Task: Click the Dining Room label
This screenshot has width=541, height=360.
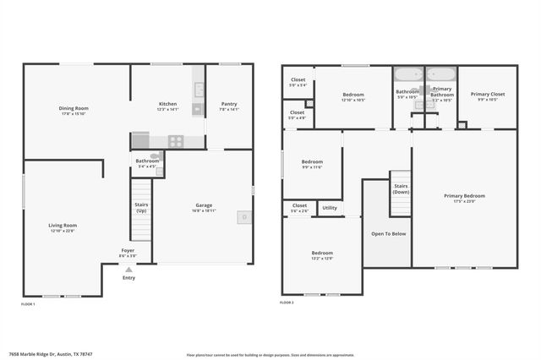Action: [74, 108]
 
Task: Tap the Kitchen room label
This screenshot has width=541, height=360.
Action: [168, 104]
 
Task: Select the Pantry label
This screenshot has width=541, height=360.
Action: [229, 104]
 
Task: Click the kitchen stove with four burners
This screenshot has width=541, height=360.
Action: [176, 141]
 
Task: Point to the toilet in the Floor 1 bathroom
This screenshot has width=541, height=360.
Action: [155, 155]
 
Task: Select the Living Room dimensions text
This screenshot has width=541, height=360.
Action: [63, 231]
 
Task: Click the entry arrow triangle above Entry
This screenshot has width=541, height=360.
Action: [128, 270]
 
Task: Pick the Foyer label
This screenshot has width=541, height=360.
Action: [128, 250]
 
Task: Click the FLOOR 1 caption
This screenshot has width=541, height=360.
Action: [28, 303]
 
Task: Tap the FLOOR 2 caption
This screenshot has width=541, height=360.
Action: [287, 303]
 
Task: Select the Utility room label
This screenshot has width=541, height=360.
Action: [330, 208]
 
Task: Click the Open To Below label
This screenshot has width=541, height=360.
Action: [388, 233]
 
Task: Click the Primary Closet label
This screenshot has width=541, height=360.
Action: [487, 94]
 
